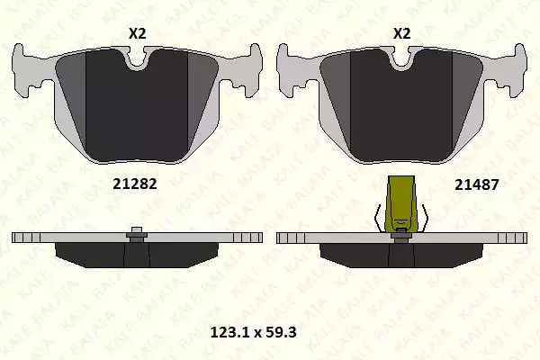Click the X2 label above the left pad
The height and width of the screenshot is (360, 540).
138,34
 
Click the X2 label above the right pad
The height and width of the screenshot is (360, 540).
402,34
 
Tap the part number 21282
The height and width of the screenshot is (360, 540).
135,184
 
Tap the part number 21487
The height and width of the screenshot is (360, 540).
477,185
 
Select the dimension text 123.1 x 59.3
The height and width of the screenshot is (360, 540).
253,332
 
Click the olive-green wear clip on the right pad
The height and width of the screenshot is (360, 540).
401,203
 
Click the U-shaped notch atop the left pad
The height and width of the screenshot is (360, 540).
137,61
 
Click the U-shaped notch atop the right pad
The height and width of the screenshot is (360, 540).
401,61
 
